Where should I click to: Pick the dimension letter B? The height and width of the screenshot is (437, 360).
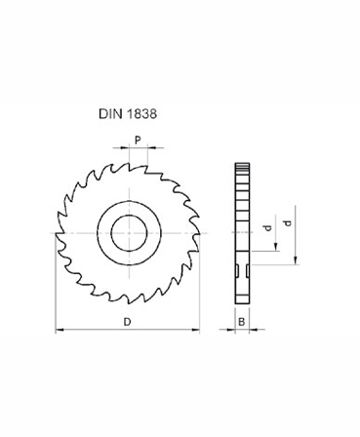coord(241,321)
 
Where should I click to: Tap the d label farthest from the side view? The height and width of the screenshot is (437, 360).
coord(285,223)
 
